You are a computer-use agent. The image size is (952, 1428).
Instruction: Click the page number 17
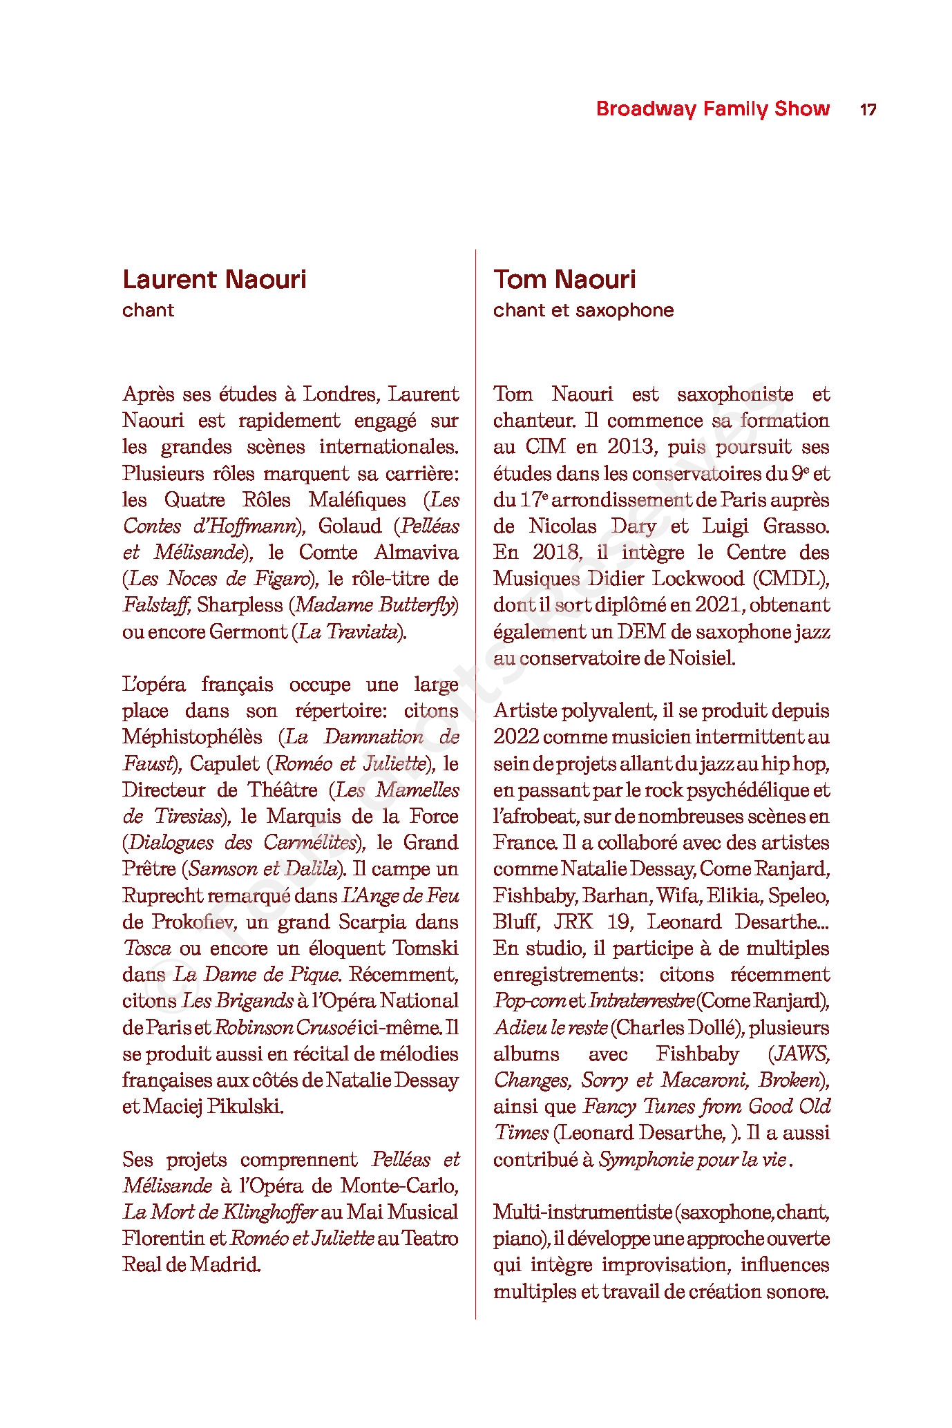[868, 109]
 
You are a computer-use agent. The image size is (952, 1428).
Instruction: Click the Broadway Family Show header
[712, 109]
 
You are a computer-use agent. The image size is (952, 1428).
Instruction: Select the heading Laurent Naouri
[214, 280]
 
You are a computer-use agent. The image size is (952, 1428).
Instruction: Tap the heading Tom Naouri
[564, 280]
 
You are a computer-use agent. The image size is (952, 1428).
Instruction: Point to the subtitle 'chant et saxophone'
[583, 310]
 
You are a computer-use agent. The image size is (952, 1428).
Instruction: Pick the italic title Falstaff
[156, 605]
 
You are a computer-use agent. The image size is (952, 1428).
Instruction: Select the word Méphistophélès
[192, 737]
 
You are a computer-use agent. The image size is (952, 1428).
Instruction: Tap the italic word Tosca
[146, 949]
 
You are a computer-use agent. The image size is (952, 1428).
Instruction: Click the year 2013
[630, 447]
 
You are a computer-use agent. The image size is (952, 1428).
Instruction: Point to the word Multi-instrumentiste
[582, 1212]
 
